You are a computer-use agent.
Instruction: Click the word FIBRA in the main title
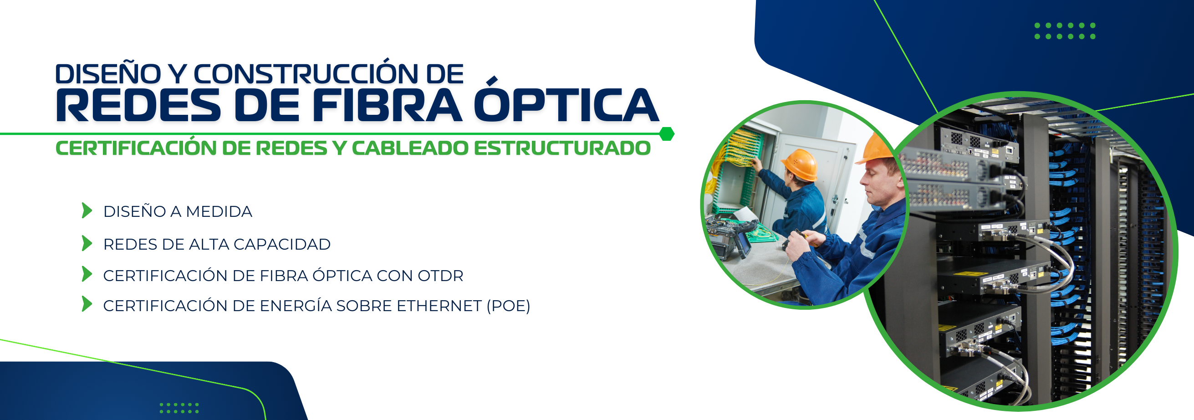pos(387,105)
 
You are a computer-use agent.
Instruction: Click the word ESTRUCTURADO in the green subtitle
pos(562,149)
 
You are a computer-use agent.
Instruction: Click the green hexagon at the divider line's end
pos(667,134)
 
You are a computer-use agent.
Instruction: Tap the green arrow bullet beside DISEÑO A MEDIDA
pos(87,210)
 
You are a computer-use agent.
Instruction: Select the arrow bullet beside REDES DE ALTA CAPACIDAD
pos(87,243)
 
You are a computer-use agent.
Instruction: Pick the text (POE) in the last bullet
pos(508,306)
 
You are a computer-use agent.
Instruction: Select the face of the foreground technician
pos(879,182)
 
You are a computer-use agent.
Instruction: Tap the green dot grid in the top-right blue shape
pos(1065,31)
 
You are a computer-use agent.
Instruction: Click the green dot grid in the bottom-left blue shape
pos(179,408)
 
